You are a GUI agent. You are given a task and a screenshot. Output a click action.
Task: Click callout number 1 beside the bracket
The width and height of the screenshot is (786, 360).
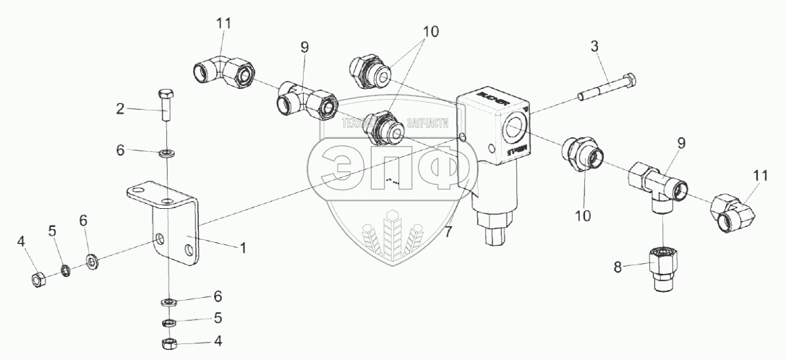pos(243,247)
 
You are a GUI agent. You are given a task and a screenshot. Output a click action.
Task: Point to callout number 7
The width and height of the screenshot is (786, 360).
pos(448,231)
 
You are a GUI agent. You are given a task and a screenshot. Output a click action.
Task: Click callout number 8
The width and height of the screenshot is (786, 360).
pos(617,267)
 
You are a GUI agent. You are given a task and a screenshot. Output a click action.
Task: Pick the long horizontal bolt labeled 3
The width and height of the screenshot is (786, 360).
pos(607,86)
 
